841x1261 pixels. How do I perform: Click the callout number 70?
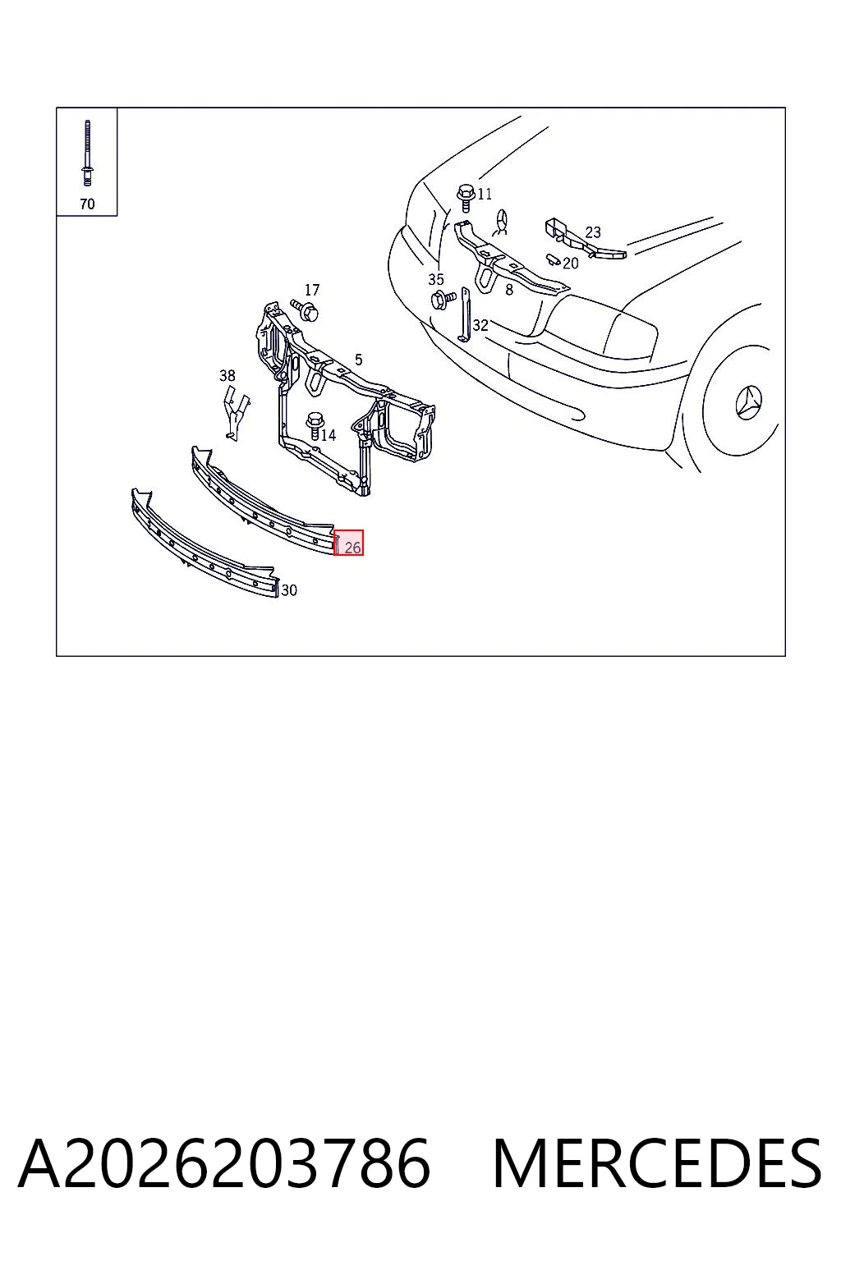point(87,204)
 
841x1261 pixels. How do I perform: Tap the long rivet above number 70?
point(87,153)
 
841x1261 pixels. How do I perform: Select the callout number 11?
point(485,195)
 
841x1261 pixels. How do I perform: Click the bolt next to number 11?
point(465,198)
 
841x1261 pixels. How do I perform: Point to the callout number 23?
point(593,232)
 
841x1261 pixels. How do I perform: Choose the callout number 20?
point(570,263)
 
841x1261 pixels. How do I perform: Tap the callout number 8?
point(509,290)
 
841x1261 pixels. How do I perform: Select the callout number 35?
point(436,279)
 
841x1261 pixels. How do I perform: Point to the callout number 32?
point(480,325)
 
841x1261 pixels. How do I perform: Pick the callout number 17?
point(311,290)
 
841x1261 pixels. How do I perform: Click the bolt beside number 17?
point(306,310)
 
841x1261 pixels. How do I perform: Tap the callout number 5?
point(358,359)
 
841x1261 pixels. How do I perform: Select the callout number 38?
point(227,375)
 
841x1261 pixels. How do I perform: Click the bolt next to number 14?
point(313,426)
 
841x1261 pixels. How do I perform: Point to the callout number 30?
point(289,590)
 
